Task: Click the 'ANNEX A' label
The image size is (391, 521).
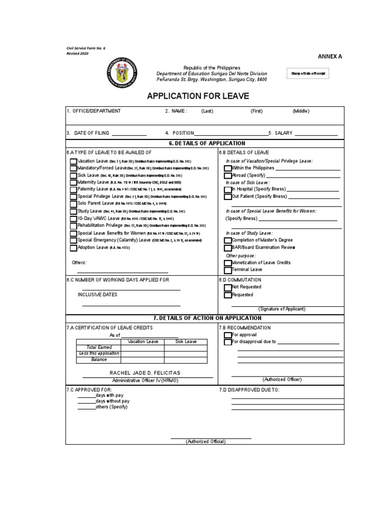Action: pyautogui.click(x=330, y=56)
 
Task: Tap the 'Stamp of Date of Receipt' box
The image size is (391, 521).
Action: pyautogui.click(x=307, y=74)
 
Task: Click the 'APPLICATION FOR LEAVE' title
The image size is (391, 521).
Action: pyautogui.click(x=195, y=96)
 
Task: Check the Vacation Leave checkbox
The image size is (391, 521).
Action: pyautogui.click(x=74, y=161)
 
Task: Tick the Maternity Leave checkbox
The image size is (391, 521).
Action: pyautogui.click(x=74, y=182)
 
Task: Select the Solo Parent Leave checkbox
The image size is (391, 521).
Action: pyautogui.click(x=74, y=204)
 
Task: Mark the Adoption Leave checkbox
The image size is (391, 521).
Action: pyautogui.click(x=74, y=248)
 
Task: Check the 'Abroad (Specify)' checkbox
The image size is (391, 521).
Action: pyautogui.click(x=228, y=175)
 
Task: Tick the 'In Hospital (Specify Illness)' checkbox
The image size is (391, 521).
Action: pyautogui.click(x=228, y=189)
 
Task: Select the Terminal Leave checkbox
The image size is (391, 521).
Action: pyautogui.click(x=228, y=270)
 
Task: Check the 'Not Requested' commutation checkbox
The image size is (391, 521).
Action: pyautogui.click(x=228, y=287)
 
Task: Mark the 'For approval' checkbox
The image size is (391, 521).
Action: pyautogui.click(x=228, y=335)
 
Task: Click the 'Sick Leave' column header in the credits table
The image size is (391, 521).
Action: pyautogui.click(x=186, y=341)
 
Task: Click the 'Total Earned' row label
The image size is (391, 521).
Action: pyautogui.click(x=99, y=348)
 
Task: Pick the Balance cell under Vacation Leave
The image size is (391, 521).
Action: pyautogui.click(x=143, y=360)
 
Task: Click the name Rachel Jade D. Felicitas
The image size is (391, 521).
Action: pyautogui.click(x=145, y=373)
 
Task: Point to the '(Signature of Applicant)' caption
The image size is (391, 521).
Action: pyautogui.click(x=282, y=309)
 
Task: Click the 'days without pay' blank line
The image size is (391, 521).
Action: pyautogui.click(x=86, y=401)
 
